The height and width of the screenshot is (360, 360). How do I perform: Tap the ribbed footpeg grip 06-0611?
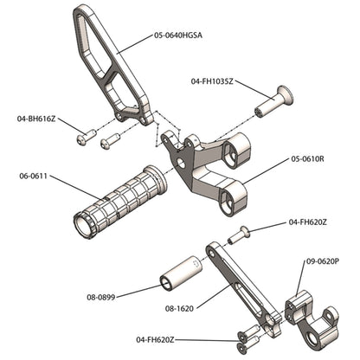[x=121, y=200]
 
